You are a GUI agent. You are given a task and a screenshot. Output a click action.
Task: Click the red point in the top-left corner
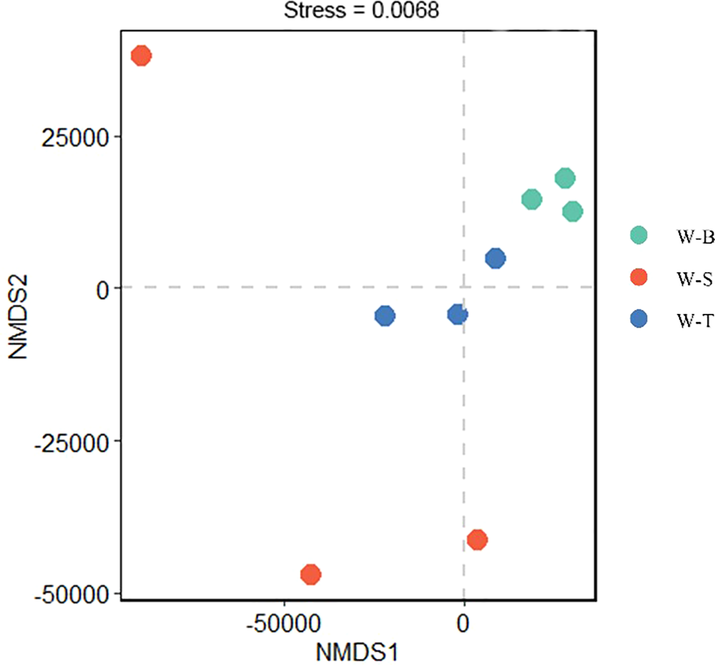pos(141,56)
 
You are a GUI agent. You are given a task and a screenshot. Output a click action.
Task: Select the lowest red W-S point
pos(311,574)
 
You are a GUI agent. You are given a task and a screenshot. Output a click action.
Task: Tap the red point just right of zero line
pos(477,540)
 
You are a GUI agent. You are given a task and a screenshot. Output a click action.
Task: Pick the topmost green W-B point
pos(565,178)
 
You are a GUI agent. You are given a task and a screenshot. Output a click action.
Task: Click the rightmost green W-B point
pos(572,211)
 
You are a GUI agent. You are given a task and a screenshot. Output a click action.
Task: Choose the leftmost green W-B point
pos(532,199)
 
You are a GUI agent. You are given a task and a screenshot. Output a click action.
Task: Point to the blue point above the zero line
pos(495,258)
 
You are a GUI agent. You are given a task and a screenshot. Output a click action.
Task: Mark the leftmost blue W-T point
pos(384,315)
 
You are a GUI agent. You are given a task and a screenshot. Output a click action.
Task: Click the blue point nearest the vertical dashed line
pos(457,314)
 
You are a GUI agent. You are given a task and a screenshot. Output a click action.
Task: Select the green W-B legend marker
pos(639,235)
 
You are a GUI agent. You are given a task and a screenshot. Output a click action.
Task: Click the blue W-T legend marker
pos(639,319)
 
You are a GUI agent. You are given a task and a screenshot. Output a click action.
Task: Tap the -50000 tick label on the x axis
pos(283,623)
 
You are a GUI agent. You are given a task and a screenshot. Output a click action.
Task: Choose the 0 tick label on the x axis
pos(463,623)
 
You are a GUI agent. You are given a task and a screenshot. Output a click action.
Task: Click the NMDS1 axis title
pos(357,652)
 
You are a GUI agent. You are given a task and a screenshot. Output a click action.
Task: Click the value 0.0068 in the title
pos(405,10)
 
